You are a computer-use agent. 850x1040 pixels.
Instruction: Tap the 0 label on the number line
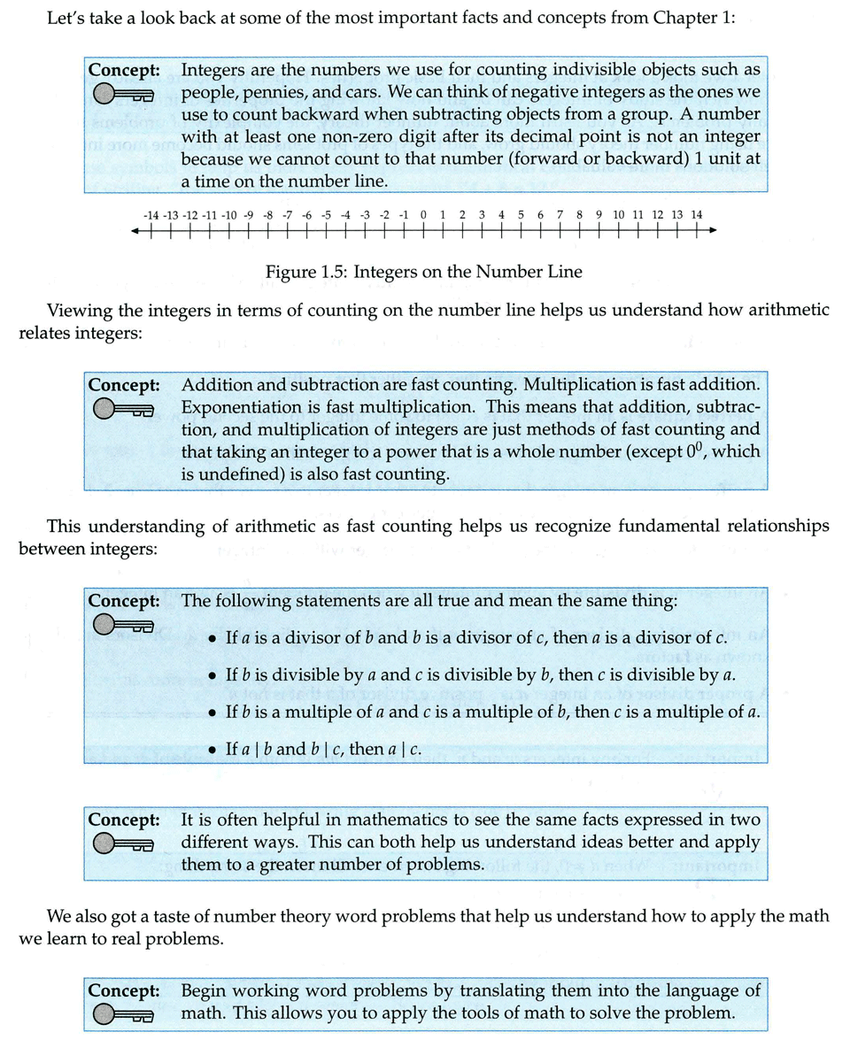(x=423, y=214)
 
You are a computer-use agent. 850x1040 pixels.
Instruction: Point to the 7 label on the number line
(x=560, y=214)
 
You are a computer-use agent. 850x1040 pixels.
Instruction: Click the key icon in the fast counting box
(x=123, y=409)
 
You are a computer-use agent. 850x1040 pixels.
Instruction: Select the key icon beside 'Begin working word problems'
(x=123, y=1014)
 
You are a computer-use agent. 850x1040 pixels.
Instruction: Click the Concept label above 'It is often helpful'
(x=123, y=820)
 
